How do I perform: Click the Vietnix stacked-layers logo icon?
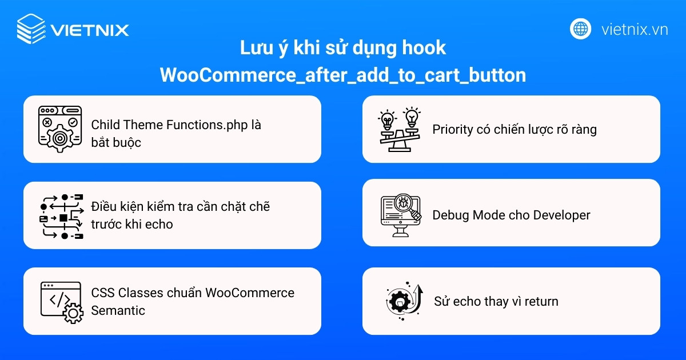click(31, 29)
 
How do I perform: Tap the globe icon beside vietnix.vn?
click(580, 29)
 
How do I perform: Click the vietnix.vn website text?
click(635, 29)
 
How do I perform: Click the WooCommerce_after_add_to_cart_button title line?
click(343, 75)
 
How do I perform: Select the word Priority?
click(453, 130)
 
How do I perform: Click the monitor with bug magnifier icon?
click(401, 215)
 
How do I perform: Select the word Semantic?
click(118, 310)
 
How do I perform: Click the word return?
click(539, 301)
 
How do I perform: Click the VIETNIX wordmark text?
click(90, 30)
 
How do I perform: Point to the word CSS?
click(103, 293)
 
